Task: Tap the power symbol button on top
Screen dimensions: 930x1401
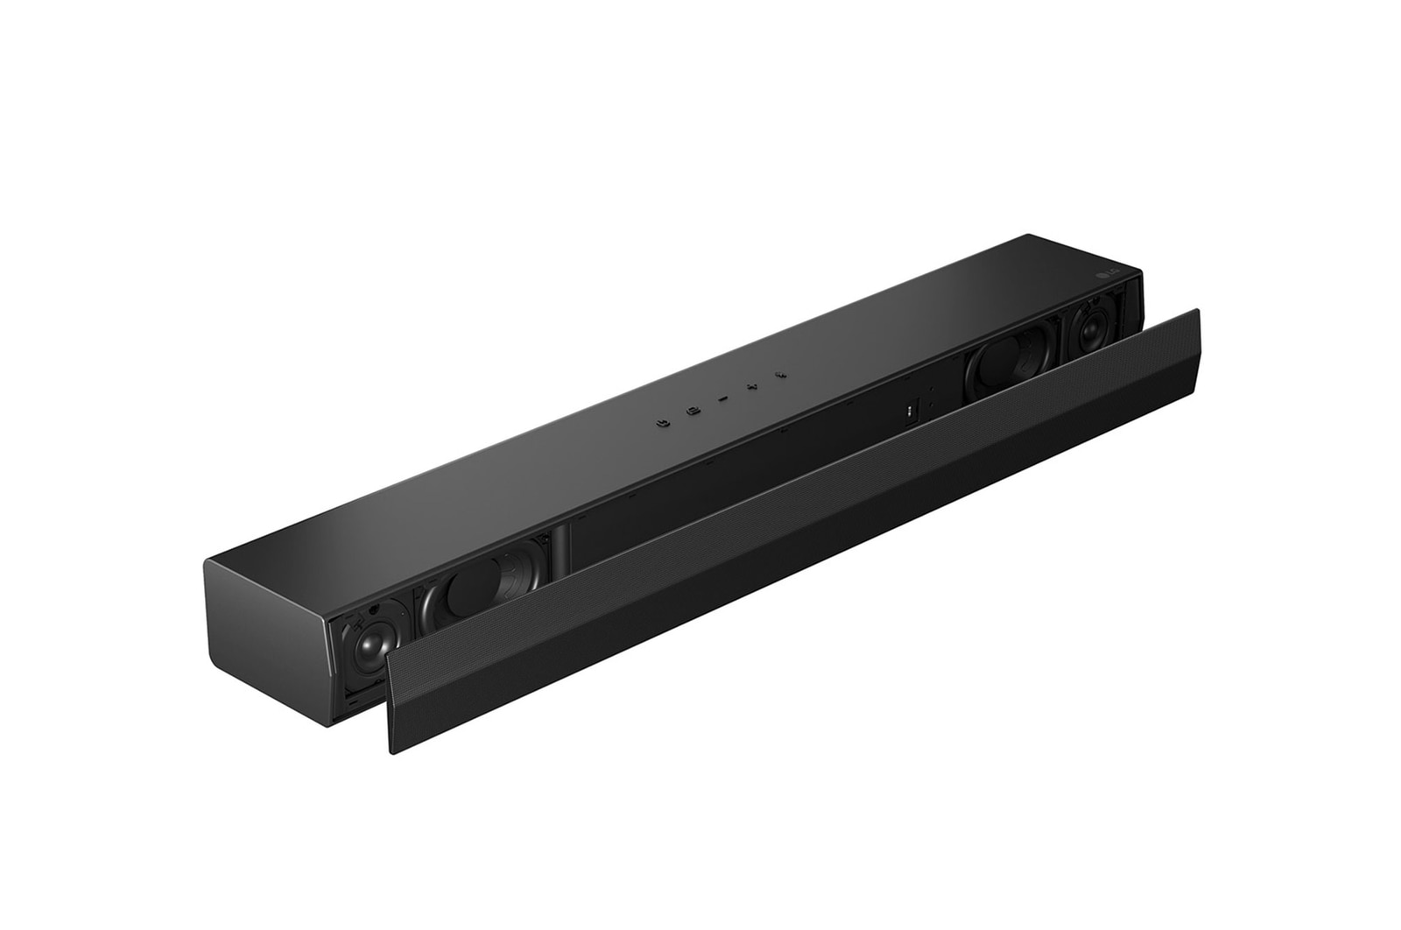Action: pyautogui.click(x=663, y=421)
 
